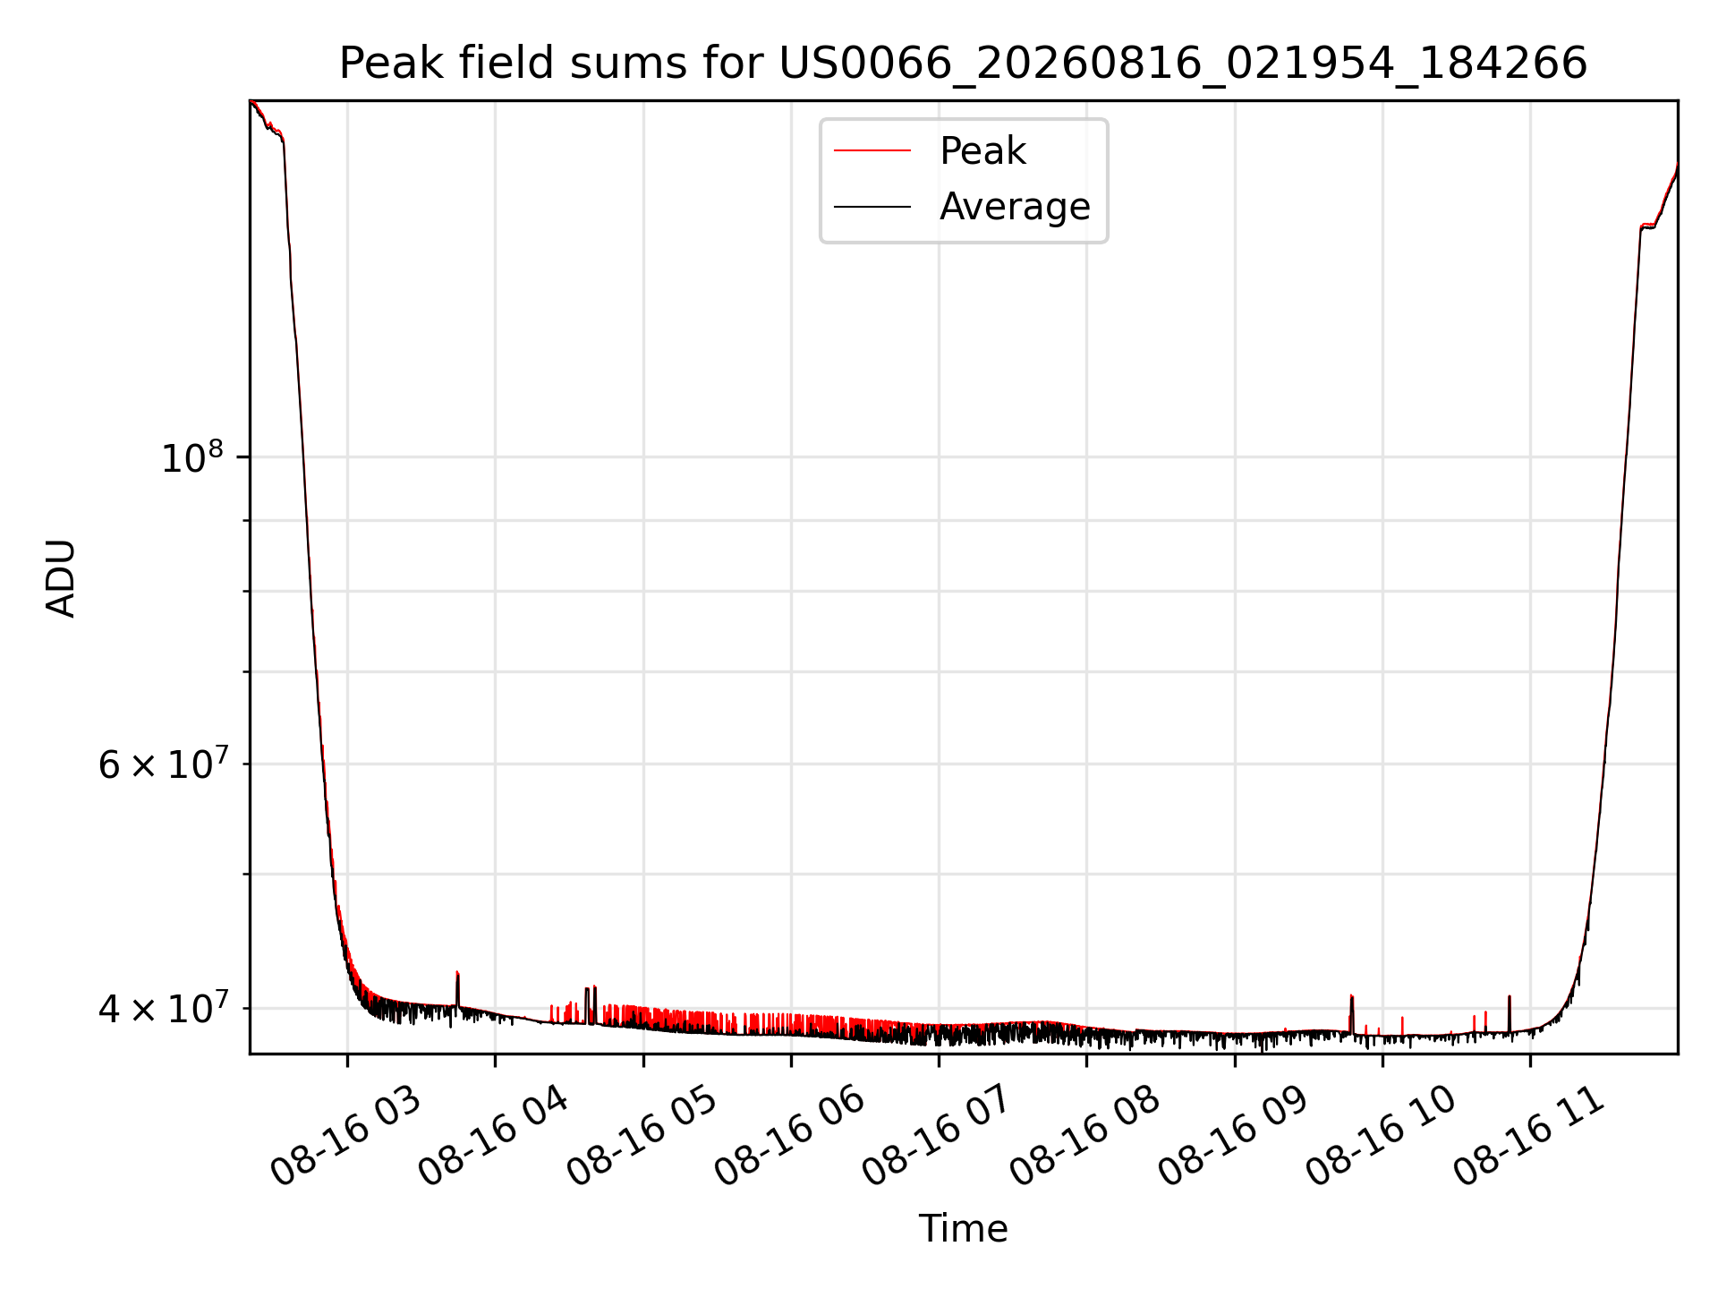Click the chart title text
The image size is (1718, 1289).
[x=963, y=64]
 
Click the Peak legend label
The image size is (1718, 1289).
[x=982, y=151]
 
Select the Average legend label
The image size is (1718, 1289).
[x=1015, y=207]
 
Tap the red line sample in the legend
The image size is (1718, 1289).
[x=872, y=151]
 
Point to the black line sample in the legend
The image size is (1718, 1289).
[x=872, y=207]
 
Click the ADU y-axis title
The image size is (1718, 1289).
[x=61, y=577]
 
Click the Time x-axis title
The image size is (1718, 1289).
[x=963, y=1229]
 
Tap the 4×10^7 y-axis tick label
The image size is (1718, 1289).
[x=162, y=1008]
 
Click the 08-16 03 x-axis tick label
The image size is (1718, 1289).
[x=345, y=1136]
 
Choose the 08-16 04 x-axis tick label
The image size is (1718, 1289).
[x=493, y=1136]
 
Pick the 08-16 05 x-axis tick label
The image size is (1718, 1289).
[x=642, y=1136]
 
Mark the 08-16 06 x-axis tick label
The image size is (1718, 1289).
[x=789, y=1136]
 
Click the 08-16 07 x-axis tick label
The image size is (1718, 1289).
[x=937, y=1136]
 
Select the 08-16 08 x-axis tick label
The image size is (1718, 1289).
[x=1084, y=1136]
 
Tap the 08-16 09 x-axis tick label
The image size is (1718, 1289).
[x=1233, y=1136]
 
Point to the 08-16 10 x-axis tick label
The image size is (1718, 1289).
[x=1381, y=1136]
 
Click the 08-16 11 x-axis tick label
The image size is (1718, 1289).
[x=1528, y=1136]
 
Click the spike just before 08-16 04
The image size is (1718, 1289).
[x=457, y=988]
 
